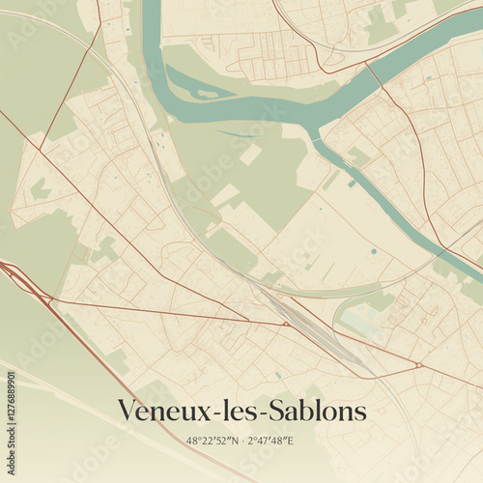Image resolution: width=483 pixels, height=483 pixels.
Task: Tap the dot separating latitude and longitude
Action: (x=241, y=440)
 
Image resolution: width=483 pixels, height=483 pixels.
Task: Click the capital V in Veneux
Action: (x=126, y=412)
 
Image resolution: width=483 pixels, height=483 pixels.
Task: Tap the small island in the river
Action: (x=206, y=94)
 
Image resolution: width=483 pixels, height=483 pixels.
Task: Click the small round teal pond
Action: (x=373, y=251)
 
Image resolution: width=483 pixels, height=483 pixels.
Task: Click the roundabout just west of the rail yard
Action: (x=287, y=325)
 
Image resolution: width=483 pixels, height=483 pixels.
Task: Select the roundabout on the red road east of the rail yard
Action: (x=417, y=365)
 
